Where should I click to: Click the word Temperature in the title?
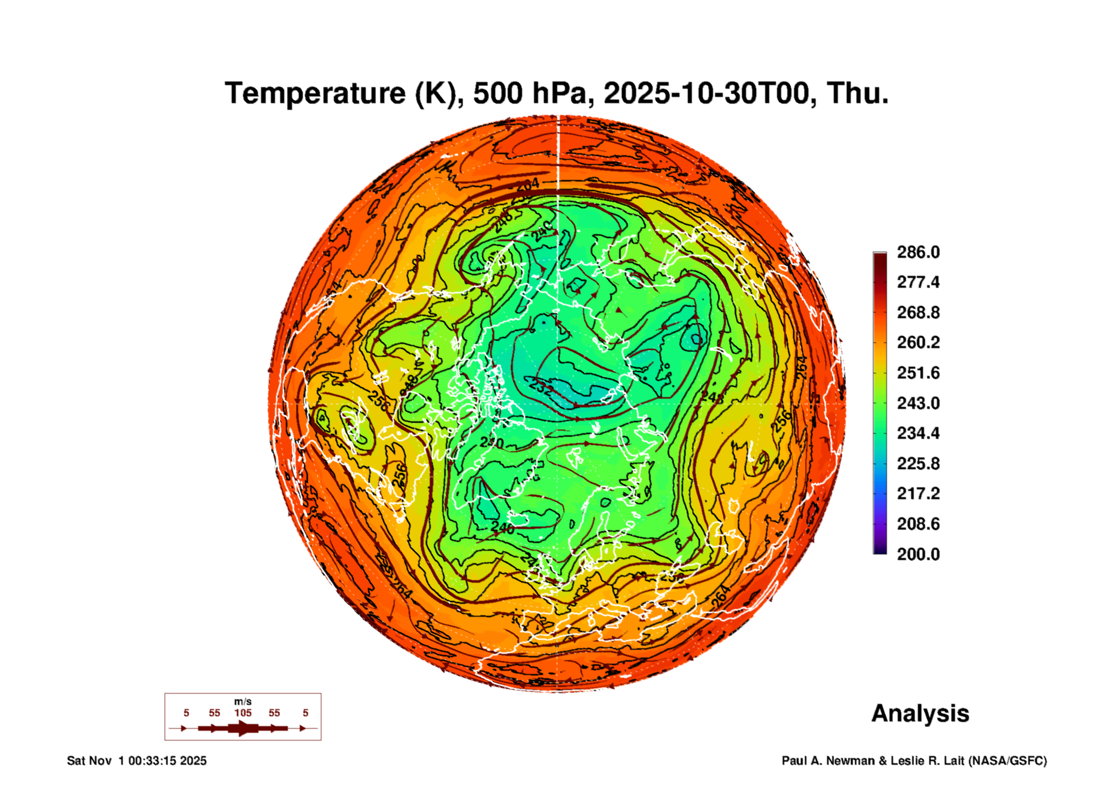click(x=315, y=93)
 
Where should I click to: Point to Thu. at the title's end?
click(x=857, y=93)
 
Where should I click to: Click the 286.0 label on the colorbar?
click(x=918, y=252)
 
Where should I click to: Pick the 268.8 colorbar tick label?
click(x=918, y=313)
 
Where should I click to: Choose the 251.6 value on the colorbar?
click(x=918, y=373)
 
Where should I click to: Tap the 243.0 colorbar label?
click(x=918, y=403)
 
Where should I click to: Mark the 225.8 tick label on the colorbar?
click(x=918, y=464)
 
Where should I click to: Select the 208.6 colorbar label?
click(x=918, y=524)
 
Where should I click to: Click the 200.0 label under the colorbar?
click(x=918, y=554)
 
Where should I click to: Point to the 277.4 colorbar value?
click(x=918, y=282)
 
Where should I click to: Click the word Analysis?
click(x=920, y=714)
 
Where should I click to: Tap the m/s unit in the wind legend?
click(x=242, y=702)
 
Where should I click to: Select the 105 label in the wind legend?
click(x=242, y=713)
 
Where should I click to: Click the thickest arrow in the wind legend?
click(x=242, y=729)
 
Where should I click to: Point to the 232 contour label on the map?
click(x=540, y=386)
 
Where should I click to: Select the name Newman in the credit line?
click(x=851, y=761)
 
